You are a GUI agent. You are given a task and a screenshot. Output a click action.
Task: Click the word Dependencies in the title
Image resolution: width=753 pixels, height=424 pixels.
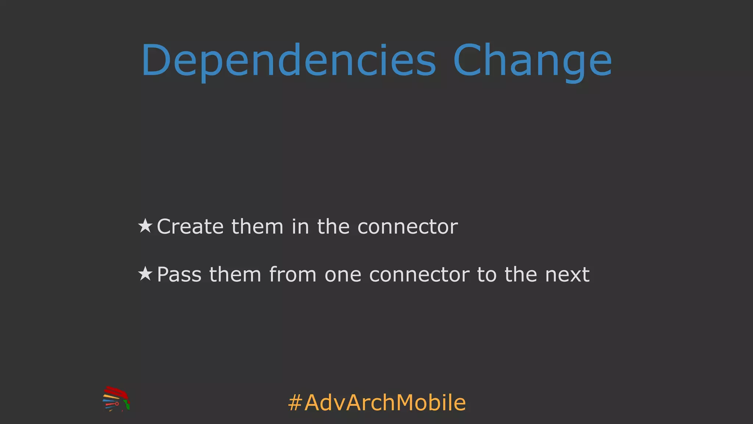[x=289, y=61]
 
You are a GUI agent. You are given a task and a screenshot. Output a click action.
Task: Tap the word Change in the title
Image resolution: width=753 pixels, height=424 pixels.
[x=532, y=61]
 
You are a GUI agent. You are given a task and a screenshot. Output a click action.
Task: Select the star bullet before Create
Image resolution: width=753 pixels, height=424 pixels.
[x=145, y=226]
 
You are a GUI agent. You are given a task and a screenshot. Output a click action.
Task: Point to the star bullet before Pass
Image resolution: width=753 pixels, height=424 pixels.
[x=145, y=274]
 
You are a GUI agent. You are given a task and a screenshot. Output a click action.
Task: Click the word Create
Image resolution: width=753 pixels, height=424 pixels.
[x=190, y=226]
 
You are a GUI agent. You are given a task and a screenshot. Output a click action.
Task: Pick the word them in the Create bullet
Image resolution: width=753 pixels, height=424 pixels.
[x=257, y=226]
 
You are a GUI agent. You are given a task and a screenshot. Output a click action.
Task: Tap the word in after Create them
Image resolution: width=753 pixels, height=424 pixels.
[x=300, y=226]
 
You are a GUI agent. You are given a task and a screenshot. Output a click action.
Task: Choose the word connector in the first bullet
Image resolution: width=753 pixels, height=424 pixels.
[x=408, y=227]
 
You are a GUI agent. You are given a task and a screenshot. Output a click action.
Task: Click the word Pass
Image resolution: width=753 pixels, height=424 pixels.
[x=179, y=275]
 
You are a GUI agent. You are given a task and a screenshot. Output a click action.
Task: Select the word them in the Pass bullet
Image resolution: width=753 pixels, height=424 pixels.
[x=235, y=275]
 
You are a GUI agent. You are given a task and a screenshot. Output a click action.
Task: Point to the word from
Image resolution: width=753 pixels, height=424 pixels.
[x=293, y=275]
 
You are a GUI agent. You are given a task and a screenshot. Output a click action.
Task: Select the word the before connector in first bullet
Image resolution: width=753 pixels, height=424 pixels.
[x=333, y=226]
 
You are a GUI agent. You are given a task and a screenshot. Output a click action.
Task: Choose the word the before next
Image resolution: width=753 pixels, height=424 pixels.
[x=521, y=275]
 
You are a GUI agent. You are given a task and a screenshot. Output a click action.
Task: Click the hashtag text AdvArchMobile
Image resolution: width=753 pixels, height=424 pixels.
[x=385, y=403]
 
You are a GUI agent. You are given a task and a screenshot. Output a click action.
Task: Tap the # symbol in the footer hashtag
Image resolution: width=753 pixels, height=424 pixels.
[x=295, y=403]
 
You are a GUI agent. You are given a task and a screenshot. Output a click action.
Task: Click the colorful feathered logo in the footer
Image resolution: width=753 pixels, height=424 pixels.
[x=116, y=399]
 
